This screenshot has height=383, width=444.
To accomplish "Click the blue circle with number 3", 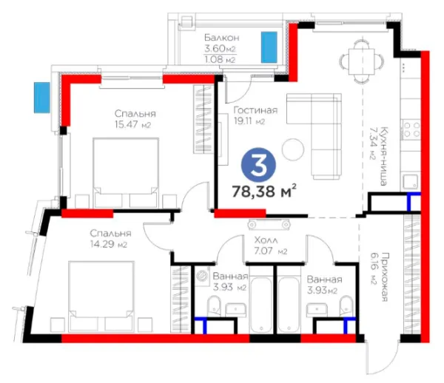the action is (258, 166).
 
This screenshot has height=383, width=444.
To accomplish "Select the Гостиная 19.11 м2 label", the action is (255, 115).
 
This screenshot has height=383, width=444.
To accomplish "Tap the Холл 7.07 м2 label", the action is (270, 245).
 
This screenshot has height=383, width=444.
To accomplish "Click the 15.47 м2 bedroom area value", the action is (132, 124).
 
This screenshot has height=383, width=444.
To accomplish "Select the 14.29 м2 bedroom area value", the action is (109, 244).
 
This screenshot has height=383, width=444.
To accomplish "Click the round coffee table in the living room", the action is (293, 149).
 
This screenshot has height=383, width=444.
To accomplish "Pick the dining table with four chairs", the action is (362, 61).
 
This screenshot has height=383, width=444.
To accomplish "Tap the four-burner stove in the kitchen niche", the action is (411, 129).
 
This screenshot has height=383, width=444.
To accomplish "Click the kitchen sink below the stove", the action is (410, 182).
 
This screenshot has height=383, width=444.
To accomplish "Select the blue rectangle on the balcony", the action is (269, 47).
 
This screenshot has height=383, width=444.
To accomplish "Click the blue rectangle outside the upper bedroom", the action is (42, 98).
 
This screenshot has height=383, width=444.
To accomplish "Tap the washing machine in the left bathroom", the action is (203, 275).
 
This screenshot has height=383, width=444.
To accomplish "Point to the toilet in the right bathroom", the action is (346, 306).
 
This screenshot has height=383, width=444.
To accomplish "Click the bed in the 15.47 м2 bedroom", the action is (126, 172).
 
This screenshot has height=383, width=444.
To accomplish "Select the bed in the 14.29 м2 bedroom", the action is (101, 296).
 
